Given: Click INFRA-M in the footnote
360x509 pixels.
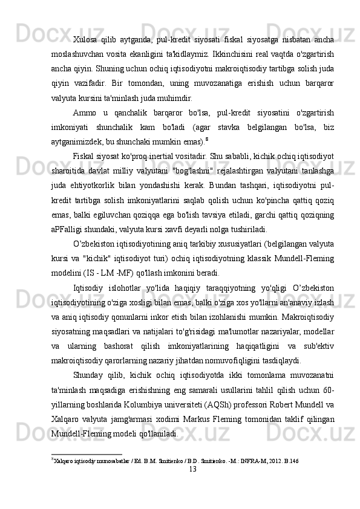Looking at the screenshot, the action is (x=250, y=461).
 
